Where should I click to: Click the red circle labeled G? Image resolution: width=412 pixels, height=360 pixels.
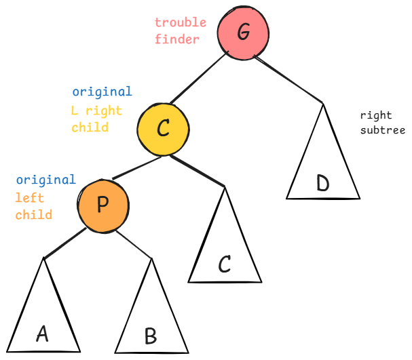(243, 33)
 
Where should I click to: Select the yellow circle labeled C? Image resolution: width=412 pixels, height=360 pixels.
(162, 128)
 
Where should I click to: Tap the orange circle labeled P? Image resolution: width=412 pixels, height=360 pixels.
(103, 204)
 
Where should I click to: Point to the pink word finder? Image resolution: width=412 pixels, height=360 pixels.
(176, 39)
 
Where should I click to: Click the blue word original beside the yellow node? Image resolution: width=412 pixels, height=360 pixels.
(102, 92)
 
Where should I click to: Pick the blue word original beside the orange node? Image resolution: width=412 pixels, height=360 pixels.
(45, 180)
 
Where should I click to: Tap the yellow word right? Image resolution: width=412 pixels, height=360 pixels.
(104, 110)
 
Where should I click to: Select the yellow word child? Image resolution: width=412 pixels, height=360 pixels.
(90, 127)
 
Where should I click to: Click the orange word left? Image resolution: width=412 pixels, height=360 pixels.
(29, 198)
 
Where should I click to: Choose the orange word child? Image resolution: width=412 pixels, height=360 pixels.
(34, 214)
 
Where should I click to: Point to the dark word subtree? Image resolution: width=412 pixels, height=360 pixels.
(383, 130)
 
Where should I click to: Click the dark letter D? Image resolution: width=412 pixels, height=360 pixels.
(322, 183)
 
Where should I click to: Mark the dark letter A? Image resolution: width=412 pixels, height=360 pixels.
(42, 333)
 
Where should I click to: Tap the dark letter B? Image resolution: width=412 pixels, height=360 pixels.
(151, 336)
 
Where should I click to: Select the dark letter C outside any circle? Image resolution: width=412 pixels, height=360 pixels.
(225, 264)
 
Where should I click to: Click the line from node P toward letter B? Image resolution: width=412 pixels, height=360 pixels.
(133, 245)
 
